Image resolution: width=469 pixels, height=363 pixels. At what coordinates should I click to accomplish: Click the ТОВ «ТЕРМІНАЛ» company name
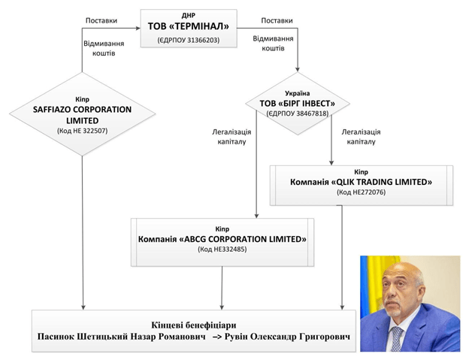click(189, 26)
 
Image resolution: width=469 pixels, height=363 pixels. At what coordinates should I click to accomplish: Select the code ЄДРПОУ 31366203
click(189, 39)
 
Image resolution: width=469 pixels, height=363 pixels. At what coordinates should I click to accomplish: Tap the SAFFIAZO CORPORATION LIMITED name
click(83, 114)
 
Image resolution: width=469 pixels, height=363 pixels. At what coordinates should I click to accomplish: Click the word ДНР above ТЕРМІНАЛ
click(189, 14)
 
